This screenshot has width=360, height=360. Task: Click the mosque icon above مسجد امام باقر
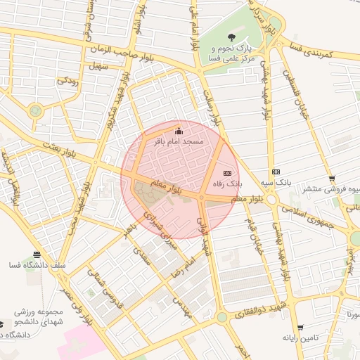[178, 131]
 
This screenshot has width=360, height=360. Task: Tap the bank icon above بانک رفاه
[226, 173]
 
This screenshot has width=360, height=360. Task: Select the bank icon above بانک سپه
[276, 172]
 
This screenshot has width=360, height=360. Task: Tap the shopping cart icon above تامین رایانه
[300, 328]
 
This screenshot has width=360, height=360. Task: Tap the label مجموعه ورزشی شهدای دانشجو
[41, 316]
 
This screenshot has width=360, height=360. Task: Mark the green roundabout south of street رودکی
[35, 110]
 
